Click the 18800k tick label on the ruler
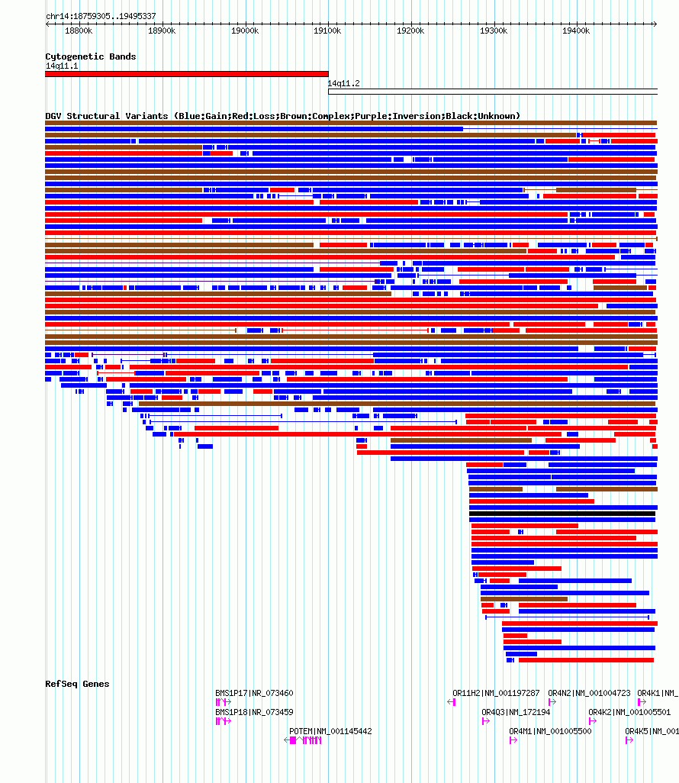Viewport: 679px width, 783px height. coord(79,31)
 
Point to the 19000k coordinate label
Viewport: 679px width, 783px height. coord(245,31)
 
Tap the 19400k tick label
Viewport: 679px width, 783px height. coord(576,31)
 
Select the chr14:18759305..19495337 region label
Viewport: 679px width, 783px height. coord(101,16)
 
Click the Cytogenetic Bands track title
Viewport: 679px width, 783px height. coord(90,56)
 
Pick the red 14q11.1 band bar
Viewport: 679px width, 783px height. coord(187,74)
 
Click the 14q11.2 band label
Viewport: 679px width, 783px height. coord(343,83)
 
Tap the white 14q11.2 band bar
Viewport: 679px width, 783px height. coord(493,92)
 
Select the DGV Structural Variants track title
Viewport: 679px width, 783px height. coord(282,116)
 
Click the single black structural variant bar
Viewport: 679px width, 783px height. coord(562,514)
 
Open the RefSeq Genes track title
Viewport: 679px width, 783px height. coord(77,684)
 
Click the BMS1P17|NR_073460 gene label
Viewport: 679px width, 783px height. coord(254,693)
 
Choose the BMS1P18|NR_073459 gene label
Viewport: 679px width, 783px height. coord(254,712)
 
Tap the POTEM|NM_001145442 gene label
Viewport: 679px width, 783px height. coord(330,731)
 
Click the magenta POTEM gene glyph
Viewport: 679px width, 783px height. coord(303,740)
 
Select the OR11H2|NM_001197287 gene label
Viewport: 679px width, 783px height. coord(496,693)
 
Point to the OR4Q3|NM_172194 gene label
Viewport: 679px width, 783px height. coord(516,712)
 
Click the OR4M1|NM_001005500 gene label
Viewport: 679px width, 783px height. coord(550,731)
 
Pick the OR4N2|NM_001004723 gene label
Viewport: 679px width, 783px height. coord(589,693)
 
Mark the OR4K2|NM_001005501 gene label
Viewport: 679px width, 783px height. coord(629,712)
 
